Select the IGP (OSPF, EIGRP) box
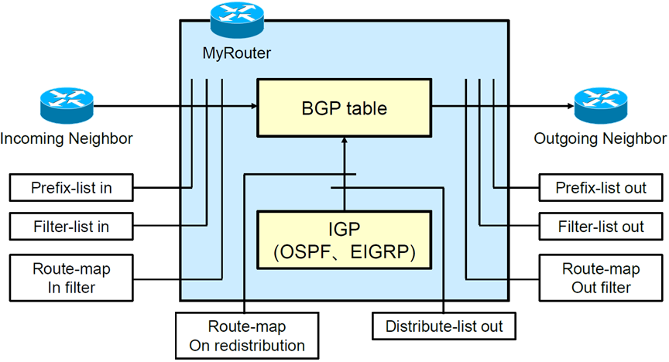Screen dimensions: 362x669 point(345,241)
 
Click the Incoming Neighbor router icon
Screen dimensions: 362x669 point(66,106)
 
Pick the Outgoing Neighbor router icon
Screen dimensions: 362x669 point(600,106)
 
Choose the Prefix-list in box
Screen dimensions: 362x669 point(70,187)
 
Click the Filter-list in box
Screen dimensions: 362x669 point(70,227)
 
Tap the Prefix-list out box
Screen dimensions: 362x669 point(601,187)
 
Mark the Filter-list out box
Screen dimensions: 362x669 point(601,227)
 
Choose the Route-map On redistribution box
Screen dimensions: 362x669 point(246,335)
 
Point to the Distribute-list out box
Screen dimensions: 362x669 point(443,326)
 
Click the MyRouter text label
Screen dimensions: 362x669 point(235,54)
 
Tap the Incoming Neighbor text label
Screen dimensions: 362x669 point(67,139)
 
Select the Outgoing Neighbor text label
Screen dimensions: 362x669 point(600,139)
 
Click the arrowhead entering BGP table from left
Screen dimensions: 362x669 point(253,107)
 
